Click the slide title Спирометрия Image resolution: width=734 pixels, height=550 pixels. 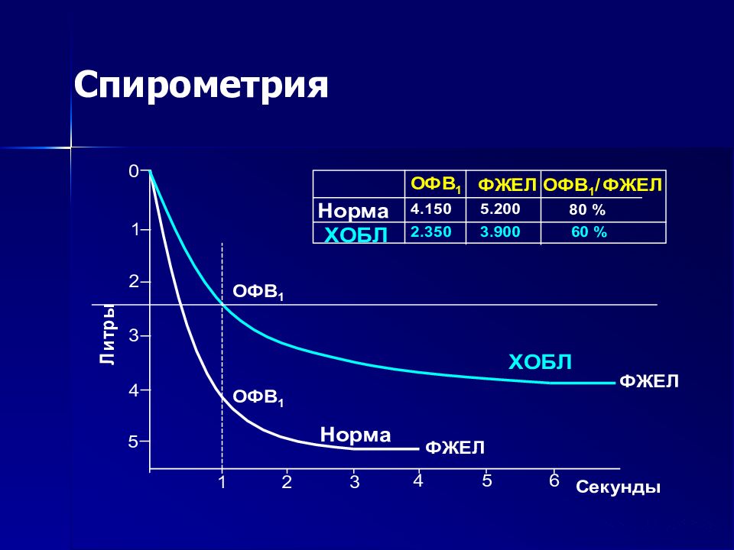click(201, 86)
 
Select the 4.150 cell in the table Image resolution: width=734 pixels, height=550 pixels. click(430, 209)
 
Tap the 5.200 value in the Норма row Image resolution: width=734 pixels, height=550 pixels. click(500, 209)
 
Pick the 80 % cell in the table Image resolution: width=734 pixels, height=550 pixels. click(587, 210)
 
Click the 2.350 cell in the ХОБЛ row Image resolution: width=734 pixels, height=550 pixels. click(430, 232)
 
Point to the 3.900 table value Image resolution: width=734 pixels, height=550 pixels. click(500, 232)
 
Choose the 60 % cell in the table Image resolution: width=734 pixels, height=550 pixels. click(589, 232)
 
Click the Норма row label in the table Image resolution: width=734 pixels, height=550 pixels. click(353, 211)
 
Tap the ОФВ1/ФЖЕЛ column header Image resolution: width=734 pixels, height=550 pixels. click(602, 186)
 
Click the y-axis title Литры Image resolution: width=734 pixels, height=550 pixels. click(107, 334)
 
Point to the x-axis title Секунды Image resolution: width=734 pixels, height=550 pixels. click(618, 487)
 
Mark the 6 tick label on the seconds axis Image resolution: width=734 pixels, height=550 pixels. click(554, 480)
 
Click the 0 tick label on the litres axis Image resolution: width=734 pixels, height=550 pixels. click(134, 172)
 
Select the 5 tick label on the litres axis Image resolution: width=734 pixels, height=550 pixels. click(133, 442)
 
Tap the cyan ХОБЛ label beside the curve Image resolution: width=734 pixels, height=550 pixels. click(541, 362)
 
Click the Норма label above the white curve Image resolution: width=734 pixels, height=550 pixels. click(356, 435)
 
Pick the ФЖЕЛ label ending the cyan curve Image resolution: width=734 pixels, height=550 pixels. click(649, 382)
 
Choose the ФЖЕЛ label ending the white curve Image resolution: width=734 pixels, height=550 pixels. click(454, 448)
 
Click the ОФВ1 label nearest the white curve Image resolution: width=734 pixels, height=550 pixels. click(258, 398)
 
